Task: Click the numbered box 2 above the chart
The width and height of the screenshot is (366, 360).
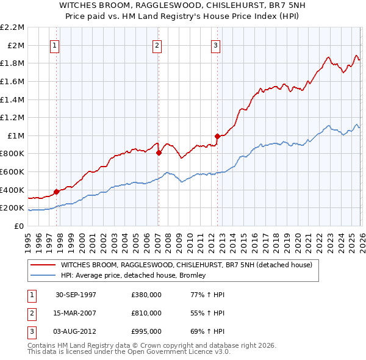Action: (157, 45)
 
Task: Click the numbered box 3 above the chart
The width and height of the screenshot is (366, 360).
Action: (216, 45)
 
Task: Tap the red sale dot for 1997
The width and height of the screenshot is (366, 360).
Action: (57, 192)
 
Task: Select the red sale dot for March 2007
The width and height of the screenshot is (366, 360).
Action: (158, 153)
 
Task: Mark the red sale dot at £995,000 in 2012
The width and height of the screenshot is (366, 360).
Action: (217, 136)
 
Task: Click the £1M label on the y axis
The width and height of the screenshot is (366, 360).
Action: (16, 135)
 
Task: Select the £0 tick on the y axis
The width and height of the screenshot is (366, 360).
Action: (20, 226)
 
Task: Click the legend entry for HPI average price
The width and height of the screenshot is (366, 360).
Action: (133, 275)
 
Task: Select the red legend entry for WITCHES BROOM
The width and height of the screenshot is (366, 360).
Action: (186, 265)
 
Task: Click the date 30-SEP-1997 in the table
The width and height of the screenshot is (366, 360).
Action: (76, 295)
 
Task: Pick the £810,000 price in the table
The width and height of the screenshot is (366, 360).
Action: (146, 313)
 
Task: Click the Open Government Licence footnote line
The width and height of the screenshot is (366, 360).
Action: (129, 352)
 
